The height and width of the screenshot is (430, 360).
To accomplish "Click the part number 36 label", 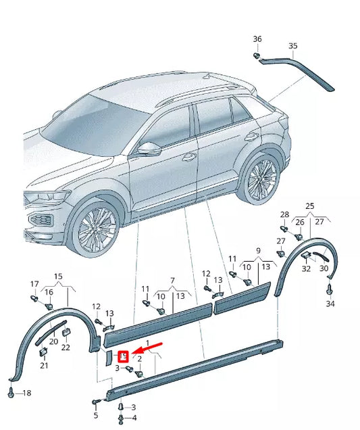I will pyautogui.click(x=257, y=39).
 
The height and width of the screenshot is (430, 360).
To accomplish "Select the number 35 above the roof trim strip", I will pyautogui.click(x=292, y=46).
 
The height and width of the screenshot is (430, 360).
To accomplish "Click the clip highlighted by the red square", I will pyautogui.click(x=124, y=356).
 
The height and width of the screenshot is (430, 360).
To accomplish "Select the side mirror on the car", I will pyautogui.click(x=148, y=148).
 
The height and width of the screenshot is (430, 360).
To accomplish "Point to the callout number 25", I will pyautogui.click(x=310, y=206).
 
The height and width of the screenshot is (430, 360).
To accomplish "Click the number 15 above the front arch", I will pyautogui.click(x=58, y=277).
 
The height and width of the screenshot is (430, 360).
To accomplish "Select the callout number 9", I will pyautogui.click(x=257, y=251).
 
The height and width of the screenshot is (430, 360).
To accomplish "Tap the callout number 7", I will pyautogui.click(x=172, y=281).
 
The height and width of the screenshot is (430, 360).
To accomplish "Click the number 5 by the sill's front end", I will pyautogui.click(x=95, y=415).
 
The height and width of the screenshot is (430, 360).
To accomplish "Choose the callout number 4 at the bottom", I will pyautogui.click(x=133, y=418).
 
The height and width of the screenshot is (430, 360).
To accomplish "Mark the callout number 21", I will pyautogui.click(x=44, y=366).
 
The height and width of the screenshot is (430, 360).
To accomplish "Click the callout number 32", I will pyautogui.click(x=306, y=268).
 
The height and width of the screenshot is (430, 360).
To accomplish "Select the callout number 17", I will pyautogui.click(x=34, y=284).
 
